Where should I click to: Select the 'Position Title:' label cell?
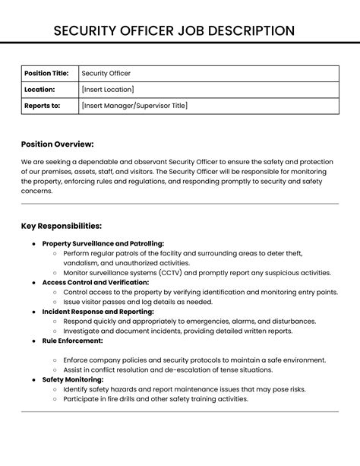pos(46,73)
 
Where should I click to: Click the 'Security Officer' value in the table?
pos(106,73)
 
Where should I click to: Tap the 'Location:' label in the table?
pos(39,90)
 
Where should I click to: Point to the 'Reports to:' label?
pos(42,106)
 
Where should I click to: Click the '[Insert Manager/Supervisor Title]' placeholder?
pos(134,106)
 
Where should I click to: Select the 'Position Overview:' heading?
pos(58,144)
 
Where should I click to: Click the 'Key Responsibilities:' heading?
pos(62,226)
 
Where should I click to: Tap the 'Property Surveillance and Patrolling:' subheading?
pos(103,243)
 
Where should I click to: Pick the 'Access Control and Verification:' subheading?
pos(95,282)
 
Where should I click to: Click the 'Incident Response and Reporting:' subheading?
pos(98,312)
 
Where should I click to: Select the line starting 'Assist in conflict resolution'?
pos(168,369)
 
